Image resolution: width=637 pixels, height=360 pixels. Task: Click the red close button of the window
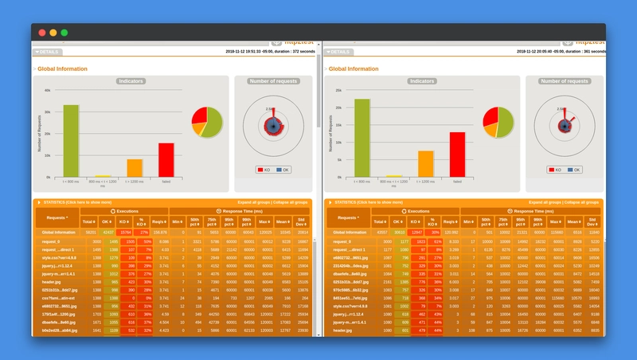[x=41, y=33]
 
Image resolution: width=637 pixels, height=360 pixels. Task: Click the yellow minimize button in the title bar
[x=53, y=33]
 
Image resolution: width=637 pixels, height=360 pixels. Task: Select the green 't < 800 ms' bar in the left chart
[x=72, y=140]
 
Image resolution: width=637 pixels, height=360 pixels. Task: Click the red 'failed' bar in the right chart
[x=457, y=155]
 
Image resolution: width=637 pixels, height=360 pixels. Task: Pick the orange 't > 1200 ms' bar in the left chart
[x=135, y=168]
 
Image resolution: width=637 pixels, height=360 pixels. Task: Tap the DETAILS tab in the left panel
[x=45, y=51]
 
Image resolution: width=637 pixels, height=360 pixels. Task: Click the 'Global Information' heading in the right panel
[x=353, y=69]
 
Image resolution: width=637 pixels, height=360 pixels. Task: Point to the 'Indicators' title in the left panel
[x=131, y=81]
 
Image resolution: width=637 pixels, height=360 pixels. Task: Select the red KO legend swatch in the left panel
[x=260, y=170]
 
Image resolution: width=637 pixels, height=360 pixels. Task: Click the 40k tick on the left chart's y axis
[x=48, y=90]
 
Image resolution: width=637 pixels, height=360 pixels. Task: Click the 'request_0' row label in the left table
[x=58, y=241]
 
